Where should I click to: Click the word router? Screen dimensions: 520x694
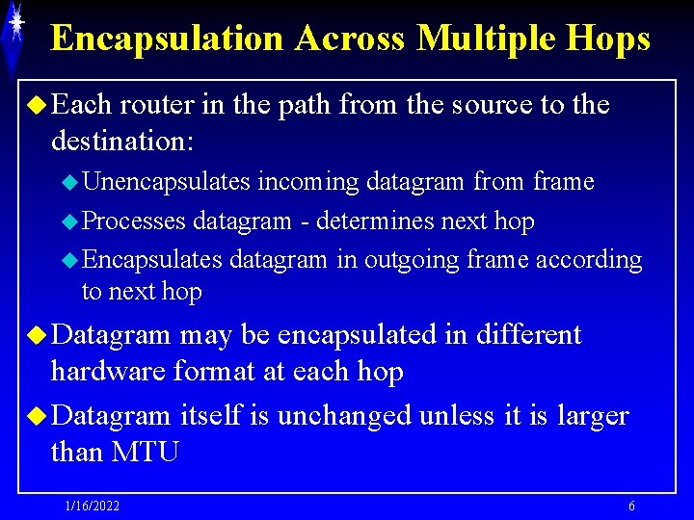point(160,104)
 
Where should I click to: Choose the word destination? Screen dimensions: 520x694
point(122,141)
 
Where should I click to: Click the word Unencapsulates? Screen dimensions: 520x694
point(167,181)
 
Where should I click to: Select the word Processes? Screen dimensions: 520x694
point(134,221)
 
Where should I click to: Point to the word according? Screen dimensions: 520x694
point(589,260)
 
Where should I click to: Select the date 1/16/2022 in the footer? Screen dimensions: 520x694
point(93,506)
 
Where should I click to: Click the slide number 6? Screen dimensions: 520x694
point(631,506)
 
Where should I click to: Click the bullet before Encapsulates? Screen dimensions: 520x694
point(68,261)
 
